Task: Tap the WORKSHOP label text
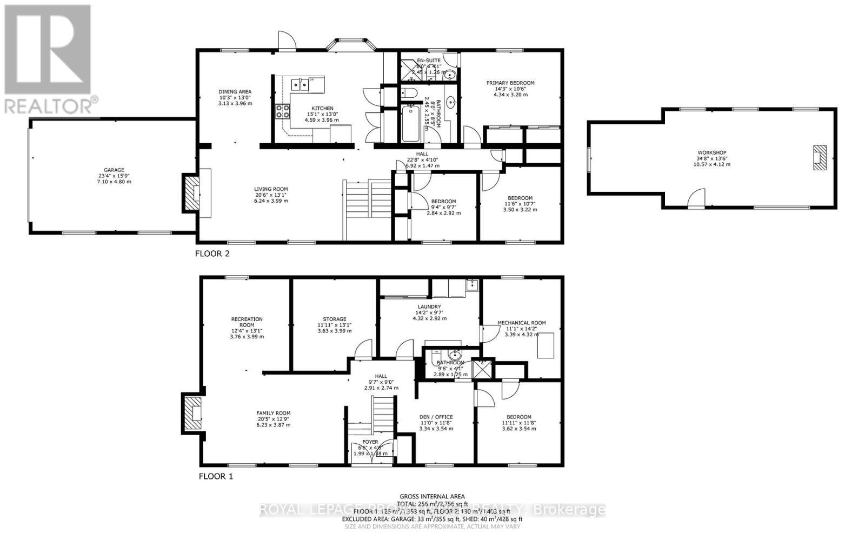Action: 711,153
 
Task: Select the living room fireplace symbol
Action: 190,193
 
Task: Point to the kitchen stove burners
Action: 282,111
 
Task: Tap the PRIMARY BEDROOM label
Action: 510,83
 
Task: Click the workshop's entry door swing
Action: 697,197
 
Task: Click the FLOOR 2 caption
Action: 212,254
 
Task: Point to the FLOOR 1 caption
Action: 216,477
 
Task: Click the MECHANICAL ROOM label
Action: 521,323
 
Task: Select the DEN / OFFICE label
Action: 436,417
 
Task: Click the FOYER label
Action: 370,442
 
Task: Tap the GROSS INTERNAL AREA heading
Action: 432,496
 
